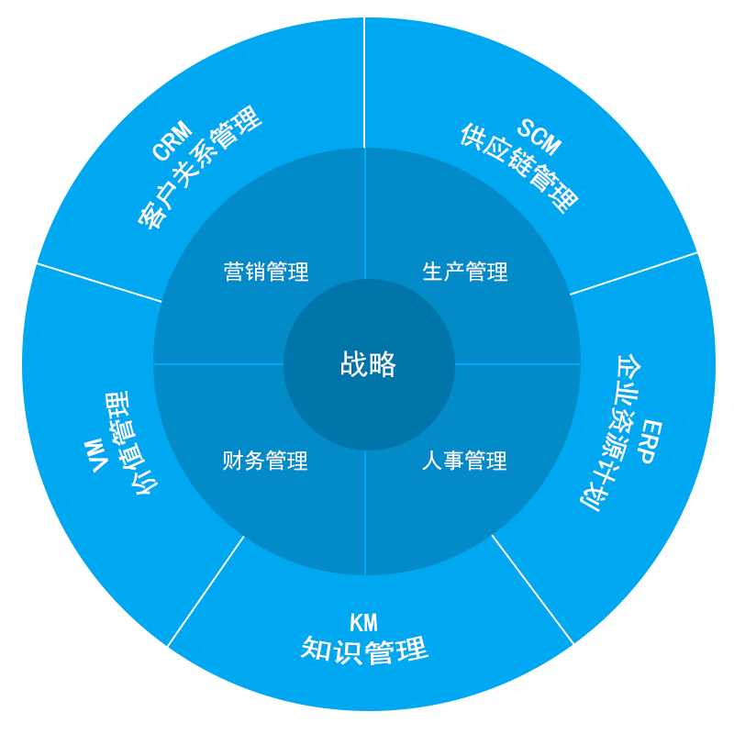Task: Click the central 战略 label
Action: [x=368, y=364]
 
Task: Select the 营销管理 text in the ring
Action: [x=266, y=272]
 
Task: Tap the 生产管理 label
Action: [x=465, y=272]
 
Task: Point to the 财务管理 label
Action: [x=265, y=461]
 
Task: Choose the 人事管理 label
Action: [x=464, y=461]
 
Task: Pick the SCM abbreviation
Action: [x=539, y=137]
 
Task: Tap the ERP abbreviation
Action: [x=650, y=441]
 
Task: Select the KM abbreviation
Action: [x=363, y=623]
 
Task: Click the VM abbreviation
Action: [x=95, y=455]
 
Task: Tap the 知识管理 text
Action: [x=364, y=651]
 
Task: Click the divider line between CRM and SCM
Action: [x=365, y=83]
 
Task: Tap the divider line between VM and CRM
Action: [x=87, y=279]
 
